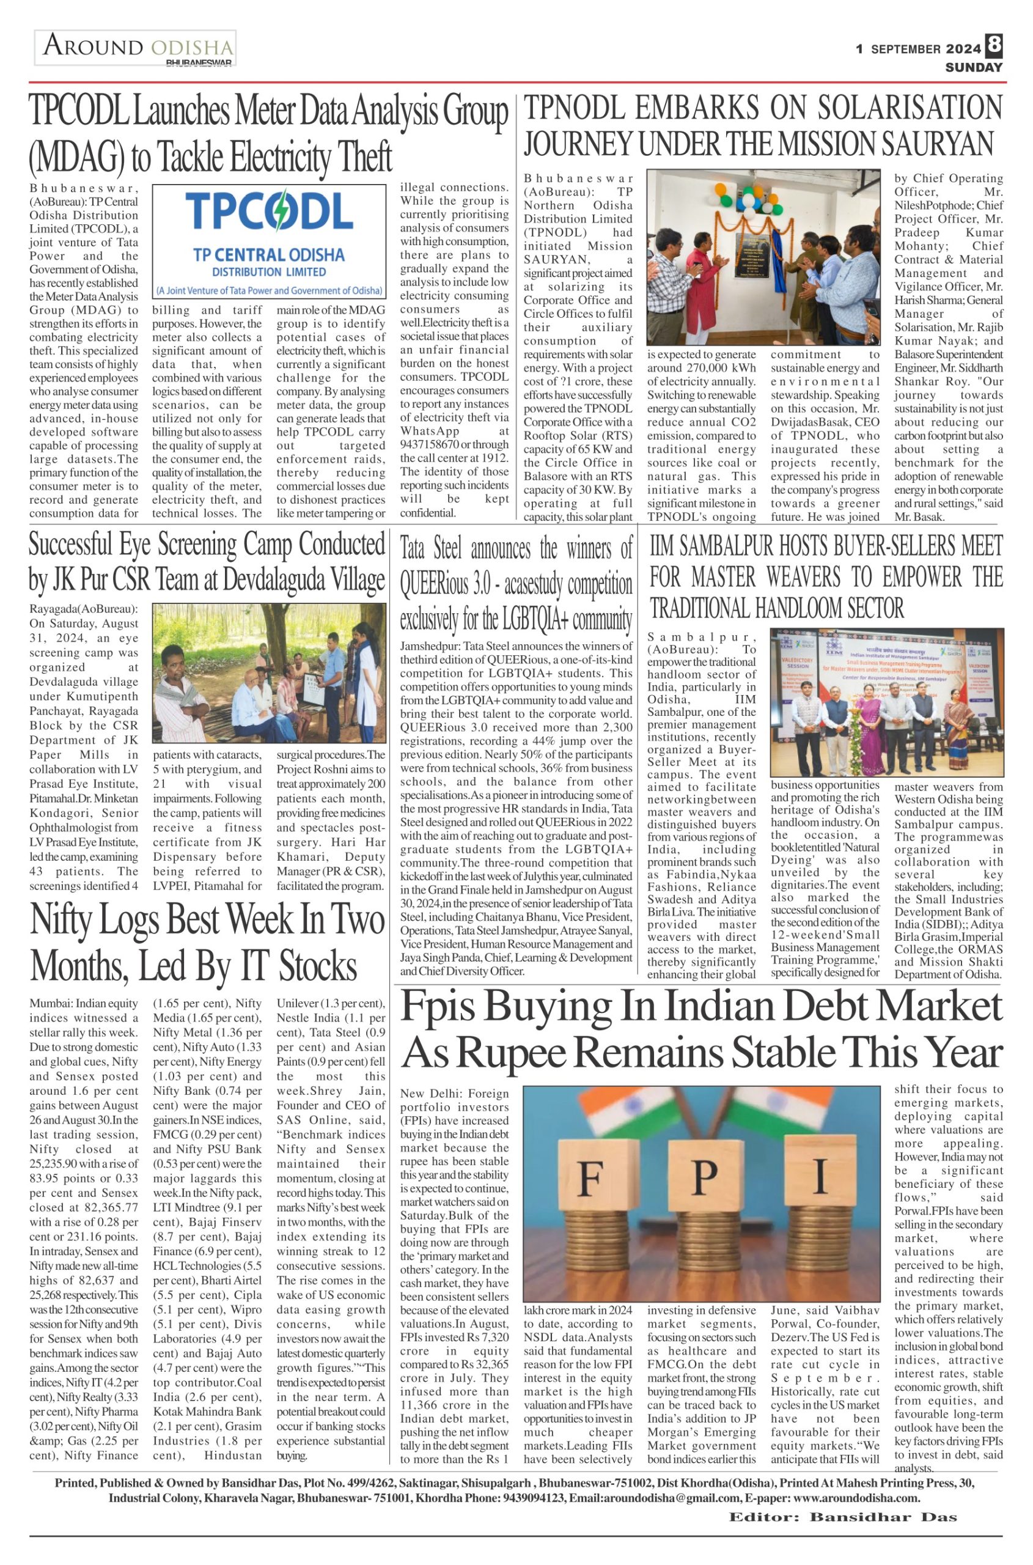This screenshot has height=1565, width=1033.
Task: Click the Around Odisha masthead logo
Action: (136, 48)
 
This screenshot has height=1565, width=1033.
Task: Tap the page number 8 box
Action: (994, 45)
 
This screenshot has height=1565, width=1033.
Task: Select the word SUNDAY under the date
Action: (974, 67)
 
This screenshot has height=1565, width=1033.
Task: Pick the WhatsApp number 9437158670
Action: (431, 444)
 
